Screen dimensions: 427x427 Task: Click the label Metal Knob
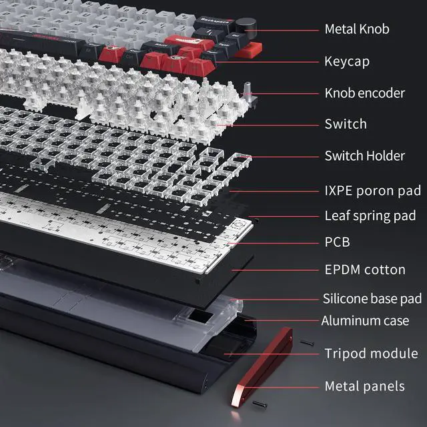356,29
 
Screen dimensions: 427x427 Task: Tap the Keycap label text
346,61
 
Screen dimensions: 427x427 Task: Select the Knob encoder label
364,93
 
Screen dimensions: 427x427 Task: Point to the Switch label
345,123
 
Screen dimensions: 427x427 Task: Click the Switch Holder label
364,155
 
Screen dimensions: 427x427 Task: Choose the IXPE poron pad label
372,191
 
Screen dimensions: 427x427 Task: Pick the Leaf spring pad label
370,216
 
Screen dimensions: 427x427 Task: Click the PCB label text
337,242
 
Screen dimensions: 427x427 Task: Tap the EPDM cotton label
364,270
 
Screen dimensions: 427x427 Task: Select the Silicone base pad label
372,298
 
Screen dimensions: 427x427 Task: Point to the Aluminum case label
365,321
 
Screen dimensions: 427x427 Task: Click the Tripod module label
371,353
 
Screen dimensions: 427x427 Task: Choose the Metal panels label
364,386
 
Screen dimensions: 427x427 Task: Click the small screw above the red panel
306,342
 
